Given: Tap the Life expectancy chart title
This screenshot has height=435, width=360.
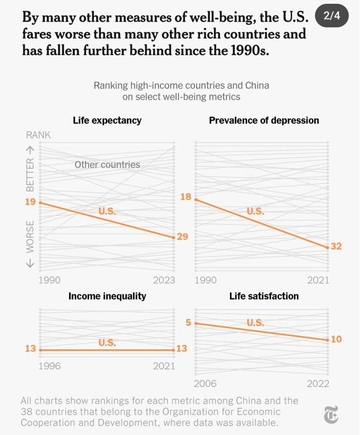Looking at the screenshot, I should [107, 120].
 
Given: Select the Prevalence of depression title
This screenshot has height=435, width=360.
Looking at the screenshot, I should [264, 120].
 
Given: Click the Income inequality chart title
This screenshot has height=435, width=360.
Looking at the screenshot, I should [107, 296].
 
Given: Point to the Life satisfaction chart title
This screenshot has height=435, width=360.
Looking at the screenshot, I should [264, 296].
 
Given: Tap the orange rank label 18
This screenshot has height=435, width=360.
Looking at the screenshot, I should [186, 197].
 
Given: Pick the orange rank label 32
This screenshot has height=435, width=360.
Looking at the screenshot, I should [336, 247].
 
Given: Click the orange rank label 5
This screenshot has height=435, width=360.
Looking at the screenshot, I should [188, 323].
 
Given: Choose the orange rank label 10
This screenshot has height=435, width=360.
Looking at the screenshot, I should [336, 339].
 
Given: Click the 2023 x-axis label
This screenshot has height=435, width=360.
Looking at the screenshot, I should [164, 280].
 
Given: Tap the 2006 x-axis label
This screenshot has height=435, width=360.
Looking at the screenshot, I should [205, 384].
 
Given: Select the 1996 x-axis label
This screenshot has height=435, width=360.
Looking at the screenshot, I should [50, 366].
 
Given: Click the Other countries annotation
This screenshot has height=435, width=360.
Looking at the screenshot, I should [107, 165].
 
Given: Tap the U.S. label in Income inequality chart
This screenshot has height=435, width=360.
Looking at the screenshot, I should [107, 343].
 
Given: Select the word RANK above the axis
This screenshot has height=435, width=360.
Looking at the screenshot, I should [38, 135].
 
